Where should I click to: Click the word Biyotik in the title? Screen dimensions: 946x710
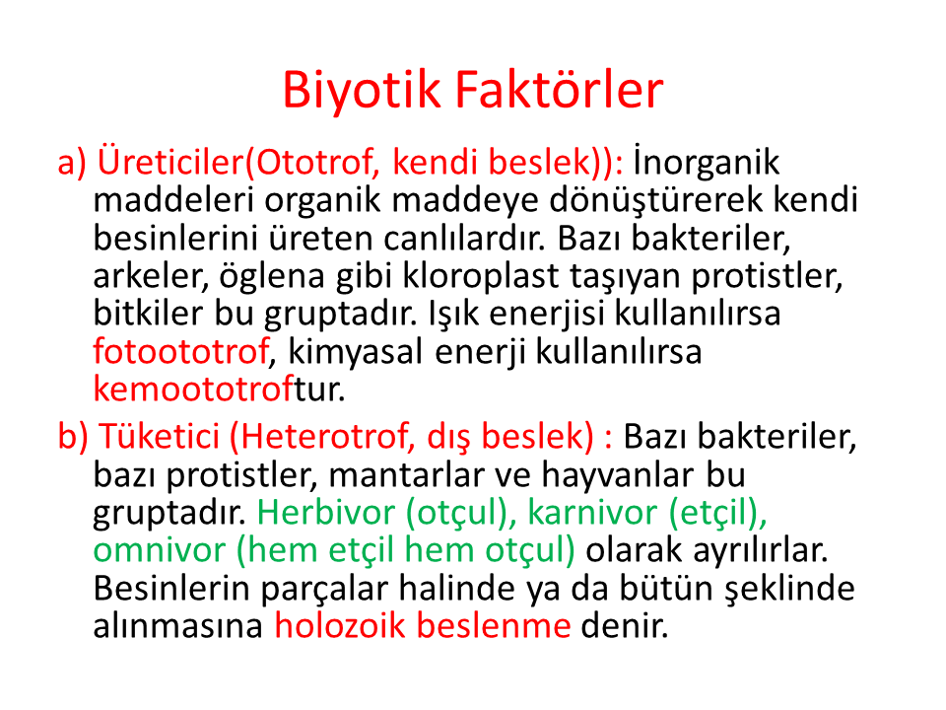click(362, 91)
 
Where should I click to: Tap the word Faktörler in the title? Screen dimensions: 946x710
click(560, 90)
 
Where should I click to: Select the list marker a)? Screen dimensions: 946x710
click(72, 163)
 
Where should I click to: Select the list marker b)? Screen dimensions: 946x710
click(73, 436)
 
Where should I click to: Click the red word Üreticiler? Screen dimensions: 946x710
click(170, 162)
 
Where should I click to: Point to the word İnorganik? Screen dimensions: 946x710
click(707, 162)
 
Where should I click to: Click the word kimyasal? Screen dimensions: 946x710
click(356, 352)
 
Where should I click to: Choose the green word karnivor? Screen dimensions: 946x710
click(592, 513)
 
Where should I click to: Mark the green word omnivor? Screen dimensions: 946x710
click(160, 550)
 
